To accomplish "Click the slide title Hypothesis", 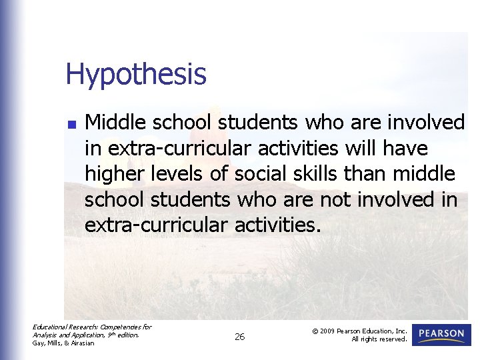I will click(136, 75).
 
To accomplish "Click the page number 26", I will click(239, 337).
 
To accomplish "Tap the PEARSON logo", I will click(441, 334).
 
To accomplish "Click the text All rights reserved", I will click(379, 339).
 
